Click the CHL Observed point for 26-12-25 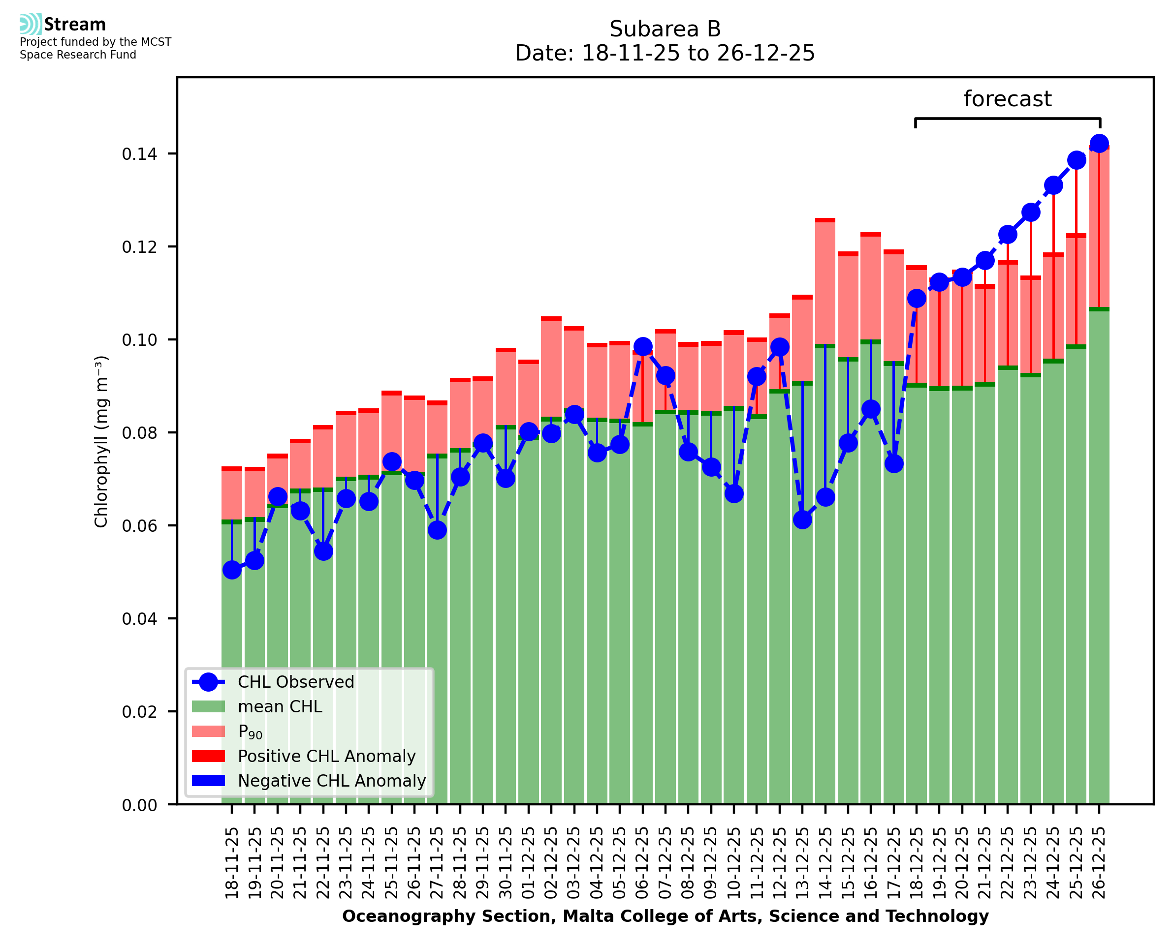click(1099, 144)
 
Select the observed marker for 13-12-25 click(802, 520)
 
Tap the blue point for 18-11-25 click(232, 570)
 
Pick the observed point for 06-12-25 click(642, 347)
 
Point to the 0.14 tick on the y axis click(139, 154)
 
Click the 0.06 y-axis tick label click(139, 526)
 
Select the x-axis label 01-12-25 click(528, 863)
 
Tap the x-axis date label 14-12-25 click(825, 863)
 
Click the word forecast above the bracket click(1008, 99)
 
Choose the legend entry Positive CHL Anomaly click(326, 756)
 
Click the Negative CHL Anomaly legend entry click(332, 781)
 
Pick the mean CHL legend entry click(280, 706)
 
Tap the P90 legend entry click(250, 732)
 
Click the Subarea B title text click(665, 29)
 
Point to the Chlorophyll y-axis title click(101, 441)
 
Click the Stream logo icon click(31, 24)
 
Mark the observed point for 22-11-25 click(323, 551)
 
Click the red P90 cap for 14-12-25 click(825, 220)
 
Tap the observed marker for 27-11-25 click(437, 530)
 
